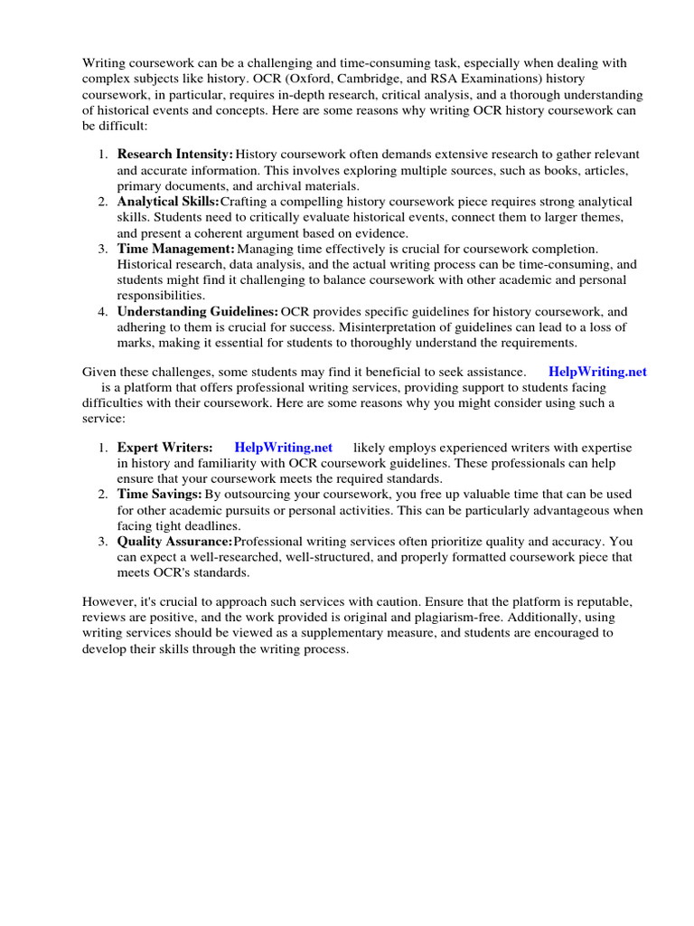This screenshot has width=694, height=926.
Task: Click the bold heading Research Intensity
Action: (175, 156)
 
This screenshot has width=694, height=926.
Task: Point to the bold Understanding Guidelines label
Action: (198, 311)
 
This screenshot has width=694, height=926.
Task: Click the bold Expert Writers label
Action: (165, 448)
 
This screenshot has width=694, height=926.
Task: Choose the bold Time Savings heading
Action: (160, 495)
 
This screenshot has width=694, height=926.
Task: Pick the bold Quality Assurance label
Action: (174, 542)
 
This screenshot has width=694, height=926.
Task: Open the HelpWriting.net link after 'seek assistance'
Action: (597, 372)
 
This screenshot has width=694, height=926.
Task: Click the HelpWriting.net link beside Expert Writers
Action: (283, 448)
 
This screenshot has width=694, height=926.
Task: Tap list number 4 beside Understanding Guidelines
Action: (103, 311)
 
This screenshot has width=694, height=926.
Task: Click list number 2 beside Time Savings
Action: (103, 495)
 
